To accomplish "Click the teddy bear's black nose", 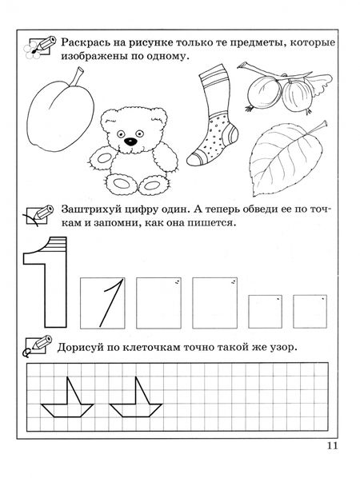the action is [x=130, y=141].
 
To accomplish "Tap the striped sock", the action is [x=212, y=115].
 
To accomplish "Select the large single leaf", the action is [x=286, y=158].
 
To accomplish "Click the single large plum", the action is [x=61, y=112].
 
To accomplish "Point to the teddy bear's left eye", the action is [x=121, y=133].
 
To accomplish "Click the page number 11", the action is [x=333, y=446].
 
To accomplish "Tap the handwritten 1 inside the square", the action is [x=111, y=302].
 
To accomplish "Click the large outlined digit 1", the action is [x=46, y=282].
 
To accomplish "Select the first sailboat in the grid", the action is [x=67, y=397].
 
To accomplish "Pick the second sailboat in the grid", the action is [x=136, y=397].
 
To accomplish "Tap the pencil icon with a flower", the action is [x=40, y=46].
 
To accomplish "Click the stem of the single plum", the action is [x=77, y=77].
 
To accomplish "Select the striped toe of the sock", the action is [x=194, y=159].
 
